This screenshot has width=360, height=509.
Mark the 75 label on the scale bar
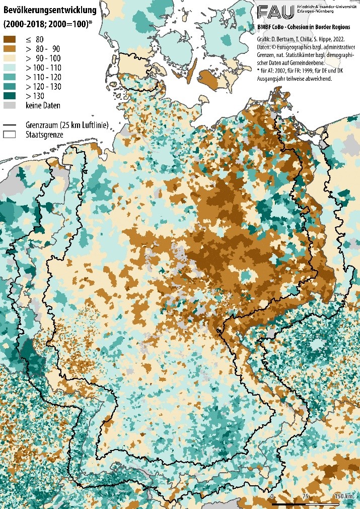pyautogui.click(x=305, y=496)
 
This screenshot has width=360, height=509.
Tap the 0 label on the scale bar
pyautogui.click(x=272, y=496)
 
